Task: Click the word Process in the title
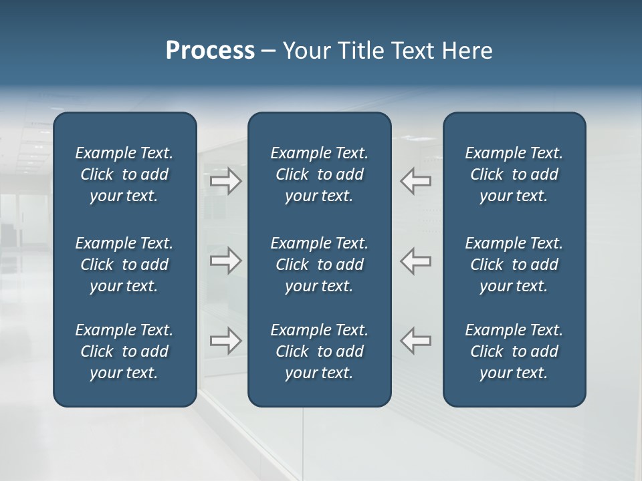[x=210, y=51]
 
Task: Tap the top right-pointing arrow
[x=226, y=181]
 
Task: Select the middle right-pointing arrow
[x=226, y=261]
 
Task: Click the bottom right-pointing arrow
[x=226, y=341]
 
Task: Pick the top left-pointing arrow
[x=415, y=181]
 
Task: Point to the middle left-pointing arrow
[x=415, y=261]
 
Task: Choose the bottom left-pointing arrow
[x=415, y=341]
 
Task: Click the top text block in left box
[x=124, y=174]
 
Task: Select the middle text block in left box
[x=124, y=265]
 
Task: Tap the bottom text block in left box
[x=124, y=351]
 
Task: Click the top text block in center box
[x=319, y=174]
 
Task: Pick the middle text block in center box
[x=319, y=265]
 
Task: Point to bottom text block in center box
[x=319, y=351]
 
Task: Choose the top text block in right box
[x=514, y=174]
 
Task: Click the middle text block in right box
[x=514, y=265]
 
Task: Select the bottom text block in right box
[x=514, y=351]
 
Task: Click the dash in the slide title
[x=269, y=51]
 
